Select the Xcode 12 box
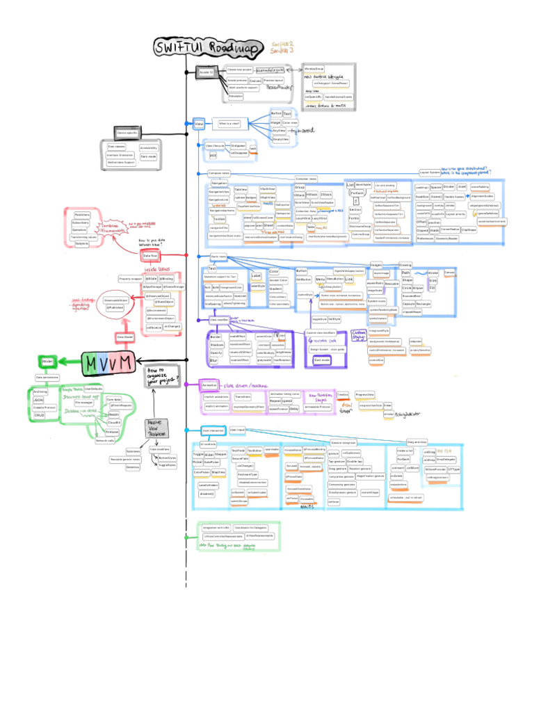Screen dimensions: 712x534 [x=206, y=72]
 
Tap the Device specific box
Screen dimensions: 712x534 [x=127, y=132]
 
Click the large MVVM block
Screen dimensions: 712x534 [x=110, y=363]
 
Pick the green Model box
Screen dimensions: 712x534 [x=48, y=362]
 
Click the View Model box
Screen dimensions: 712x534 [x=125, y=337]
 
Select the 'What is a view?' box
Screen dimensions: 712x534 [x=230, y=123]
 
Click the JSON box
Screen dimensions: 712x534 [x=39, y=400]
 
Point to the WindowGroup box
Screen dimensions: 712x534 [x=314, y=70]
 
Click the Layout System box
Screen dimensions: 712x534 [x=429, y=172]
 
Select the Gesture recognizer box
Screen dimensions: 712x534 [x=344, y=442]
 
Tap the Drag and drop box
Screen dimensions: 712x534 [x=416, y=442]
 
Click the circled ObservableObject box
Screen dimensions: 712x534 [x=115, y=300]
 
